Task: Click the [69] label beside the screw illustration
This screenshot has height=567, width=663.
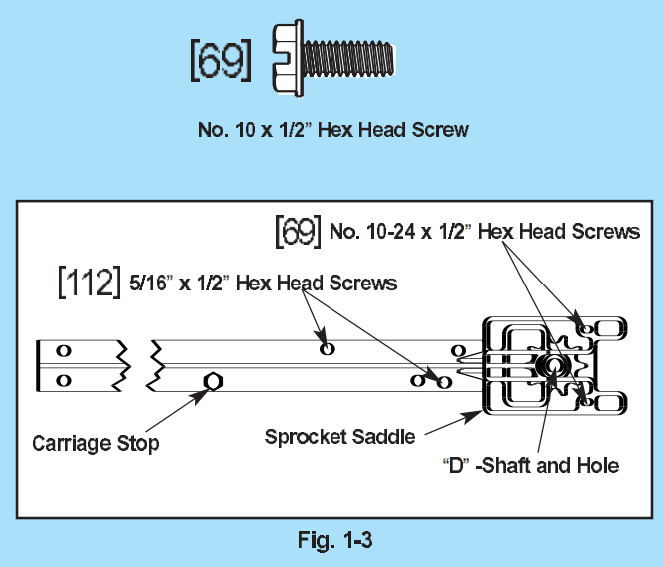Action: click(x=220, y=59)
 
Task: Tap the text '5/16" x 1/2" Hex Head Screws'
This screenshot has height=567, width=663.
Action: click(x=264, y=283)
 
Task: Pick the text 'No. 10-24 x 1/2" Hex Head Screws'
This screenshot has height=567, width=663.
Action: click(x=484, y=232)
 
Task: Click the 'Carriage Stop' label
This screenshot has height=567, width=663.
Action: click(x=96, y=443)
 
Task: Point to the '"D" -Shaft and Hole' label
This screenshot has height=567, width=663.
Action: click(x=530, y=465)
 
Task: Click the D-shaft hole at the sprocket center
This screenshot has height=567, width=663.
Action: click(x=550, y=366)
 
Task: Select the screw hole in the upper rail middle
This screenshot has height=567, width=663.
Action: click(x=327, y=348)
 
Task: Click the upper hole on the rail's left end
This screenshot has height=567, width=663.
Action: click(x=63, y=350)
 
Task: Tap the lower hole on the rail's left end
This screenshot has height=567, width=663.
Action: click(x=63, y=380)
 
